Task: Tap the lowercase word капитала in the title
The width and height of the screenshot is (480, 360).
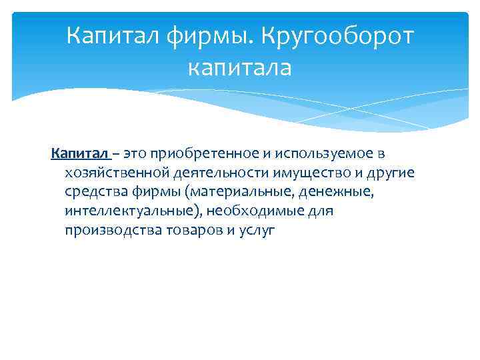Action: click(x=240, y=67)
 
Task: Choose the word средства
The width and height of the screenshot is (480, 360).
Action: click(x=94, y=193)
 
